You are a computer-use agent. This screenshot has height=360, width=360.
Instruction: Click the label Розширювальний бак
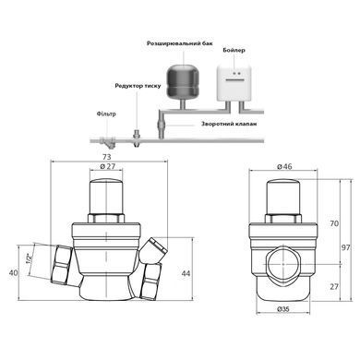[180, 43]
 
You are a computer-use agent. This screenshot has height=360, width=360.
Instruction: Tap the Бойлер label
[234, 50]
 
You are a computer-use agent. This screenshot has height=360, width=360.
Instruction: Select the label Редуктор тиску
[138, 86]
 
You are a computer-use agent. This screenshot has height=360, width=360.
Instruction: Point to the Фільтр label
[106, 114]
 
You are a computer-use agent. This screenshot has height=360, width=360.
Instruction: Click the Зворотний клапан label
[229, 124]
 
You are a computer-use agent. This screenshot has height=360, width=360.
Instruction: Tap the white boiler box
[234, 84]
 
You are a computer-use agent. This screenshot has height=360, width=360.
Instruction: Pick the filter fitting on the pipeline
[106, 142]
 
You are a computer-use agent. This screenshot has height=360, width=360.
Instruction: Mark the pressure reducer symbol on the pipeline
[137, 138]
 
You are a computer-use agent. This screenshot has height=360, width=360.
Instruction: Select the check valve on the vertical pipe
[162, 126]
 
